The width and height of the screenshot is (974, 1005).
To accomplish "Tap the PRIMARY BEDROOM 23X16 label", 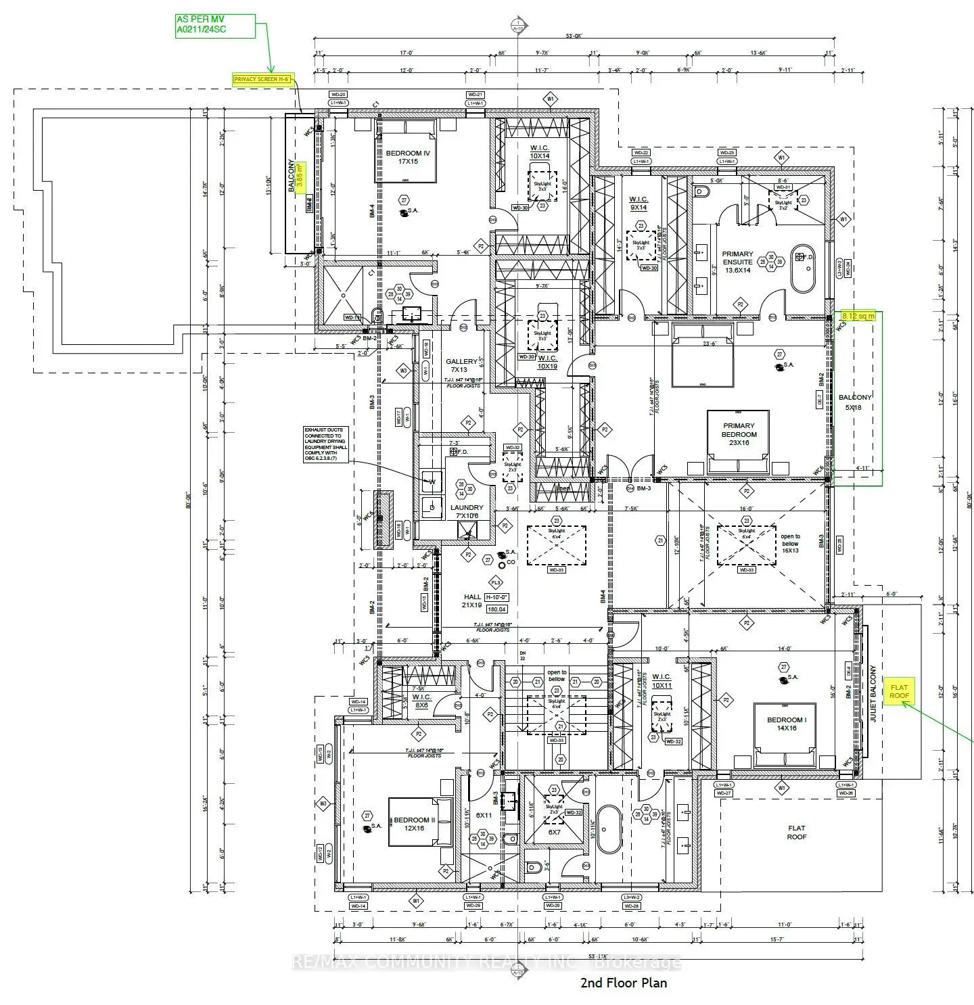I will point(739,434).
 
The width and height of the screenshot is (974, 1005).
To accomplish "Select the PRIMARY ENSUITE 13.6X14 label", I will point(737,262).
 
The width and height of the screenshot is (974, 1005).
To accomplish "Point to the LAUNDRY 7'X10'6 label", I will point(467,512).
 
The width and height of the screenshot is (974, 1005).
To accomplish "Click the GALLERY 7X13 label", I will point(461,366).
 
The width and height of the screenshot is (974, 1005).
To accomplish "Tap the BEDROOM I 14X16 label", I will point(786,724).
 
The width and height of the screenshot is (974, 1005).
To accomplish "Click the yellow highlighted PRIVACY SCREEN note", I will point(262,79).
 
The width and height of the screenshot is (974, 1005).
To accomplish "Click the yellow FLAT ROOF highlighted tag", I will point(899,691).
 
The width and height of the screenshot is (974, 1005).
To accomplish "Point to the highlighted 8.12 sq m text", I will point(858,316).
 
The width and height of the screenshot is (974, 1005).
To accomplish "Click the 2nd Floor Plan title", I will point(623,983).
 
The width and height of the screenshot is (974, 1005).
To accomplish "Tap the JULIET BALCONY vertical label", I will point(873,695).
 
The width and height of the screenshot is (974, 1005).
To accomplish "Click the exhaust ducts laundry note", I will point(325,444).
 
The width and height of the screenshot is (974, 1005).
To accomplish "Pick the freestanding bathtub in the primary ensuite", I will point(804,268).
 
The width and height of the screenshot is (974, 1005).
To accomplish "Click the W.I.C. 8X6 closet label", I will point(421,701).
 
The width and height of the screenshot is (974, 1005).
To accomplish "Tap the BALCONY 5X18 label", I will point(855,402).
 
